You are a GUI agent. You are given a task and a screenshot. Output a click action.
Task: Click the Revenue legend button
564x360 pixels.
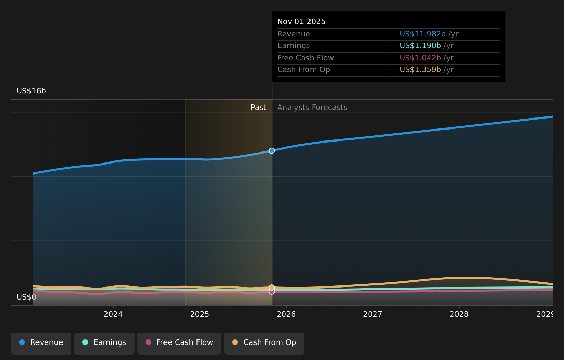[41, 343]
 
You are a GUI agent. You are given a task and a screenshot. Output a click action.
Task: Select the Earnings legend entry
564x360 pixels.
[104, 343]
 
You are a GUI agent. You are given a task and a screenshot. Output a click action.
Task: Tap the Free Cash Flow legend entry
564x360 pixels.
[179, 343]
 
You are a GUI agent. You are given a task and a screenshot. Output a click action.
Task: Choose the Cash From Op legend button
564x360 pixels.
[264, 343]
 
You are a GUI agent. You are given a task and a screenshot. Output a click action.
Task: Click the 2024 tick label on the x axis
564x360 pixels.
[113, 314]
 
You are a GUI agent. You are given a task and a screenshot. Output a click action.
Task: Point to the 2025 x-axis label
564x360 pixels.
[200, 314]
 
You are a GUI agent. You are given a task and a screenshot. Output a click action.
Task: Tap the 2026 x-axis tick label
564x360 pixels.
[286, 314]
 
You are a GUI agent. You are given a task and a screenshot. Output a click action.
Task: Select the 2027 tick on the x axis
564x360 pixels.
[373, 314]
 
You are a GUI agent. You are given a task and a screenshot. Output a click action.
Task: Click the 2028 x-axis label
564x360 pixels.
[459, 314]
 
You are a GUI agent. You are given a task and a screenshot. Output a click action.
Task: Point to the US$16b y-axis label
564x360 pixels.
[31, 91]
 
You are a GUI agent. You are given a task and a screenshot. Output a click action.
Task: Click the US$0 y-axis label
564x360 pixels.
[26, 297]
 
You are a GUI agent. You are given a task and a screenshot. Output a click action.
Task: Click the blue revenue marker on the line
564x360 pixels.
[272, 151]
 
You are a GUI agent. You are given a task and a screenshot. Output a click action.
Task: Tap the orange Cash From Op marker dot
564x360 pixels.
[272, 287]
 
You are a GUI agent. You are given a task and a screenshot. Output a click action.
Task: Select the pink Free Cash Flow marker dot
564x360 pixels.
[272, 292]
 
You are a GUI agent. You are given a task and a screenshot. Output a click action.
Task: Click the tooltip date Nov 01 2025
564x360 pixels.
[301, 22]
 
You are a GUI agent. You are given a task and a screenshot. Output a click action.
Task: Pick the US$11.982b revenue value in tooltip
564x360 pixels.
[422, 34]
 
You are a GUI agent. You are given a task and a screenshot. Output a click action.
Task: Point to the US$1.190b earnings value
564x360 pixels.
[420, 46]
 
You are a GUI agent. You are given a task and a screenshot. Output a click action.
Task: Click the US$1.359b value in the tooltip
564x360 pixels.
[420, 70]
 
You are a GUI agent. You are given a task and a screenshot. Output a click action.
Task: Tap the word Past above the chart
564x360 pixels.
[258, 108]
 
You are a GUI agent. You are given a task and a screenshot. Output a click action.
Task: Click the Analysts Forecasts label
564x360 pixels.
[312, 108]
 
